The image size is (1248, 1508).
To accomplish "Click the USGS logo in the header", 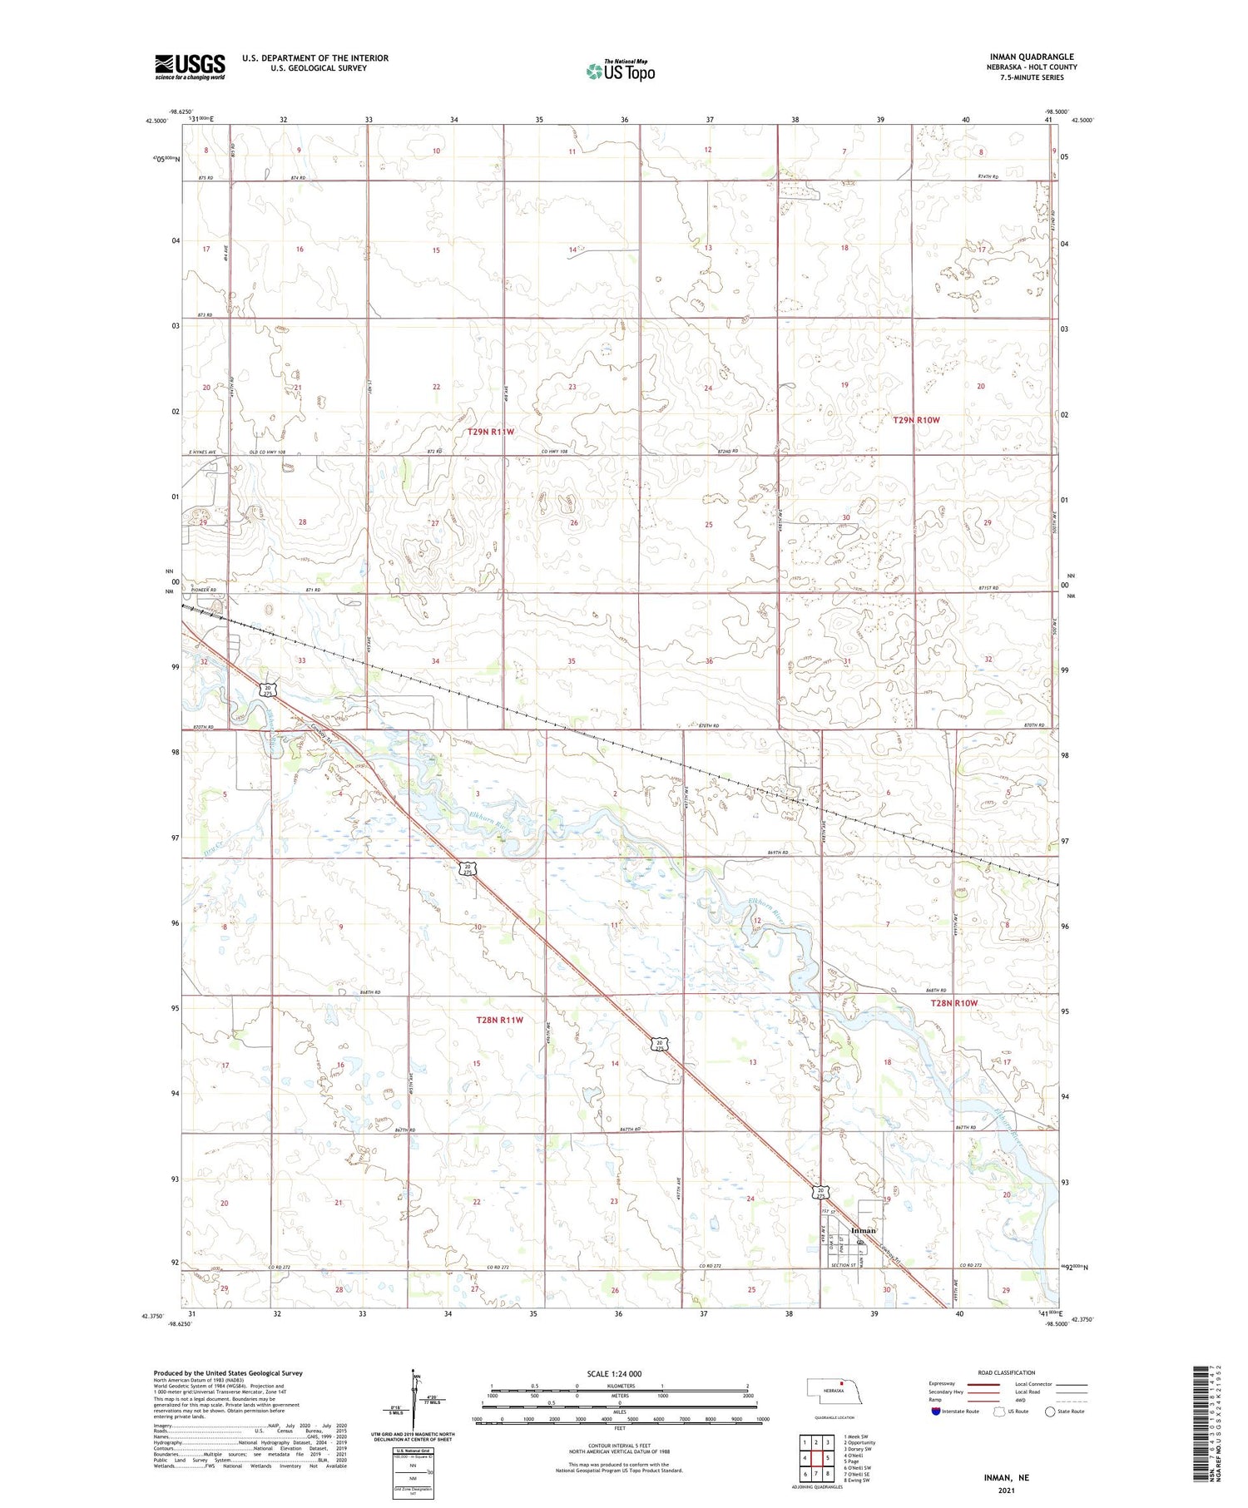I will [x=190, y=67].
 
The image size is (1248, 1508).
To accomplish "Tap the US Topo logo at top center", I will [x=620, y=72].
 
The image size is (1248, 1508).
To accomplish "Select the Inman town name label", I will [x=863, y=1230].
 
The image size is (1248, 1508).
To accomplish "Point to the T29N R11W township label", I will [x=491, y=432].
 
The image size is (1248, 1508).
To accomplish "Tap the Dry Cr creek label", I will [x=212, y=848].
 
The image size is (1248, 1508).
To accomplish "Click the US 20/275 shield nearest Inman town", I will [x=820, y=1193].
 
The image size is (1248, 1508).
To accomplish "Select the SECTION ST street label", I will [x=843, y=1265].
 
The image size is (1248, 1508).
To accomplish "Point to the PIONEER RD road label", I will [x=202, y=590].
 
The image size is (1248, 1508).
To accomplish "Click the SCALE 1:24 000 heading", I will [x=619, y=1374].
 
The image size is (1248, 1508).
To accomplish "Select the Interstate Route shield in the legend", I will [x=935, y=1412].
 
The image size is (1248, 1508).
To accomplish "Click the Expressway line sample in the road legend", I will [x=987, y=1384].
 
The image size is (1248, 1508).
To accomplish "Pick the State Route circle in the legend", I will [x=1050, y=1412].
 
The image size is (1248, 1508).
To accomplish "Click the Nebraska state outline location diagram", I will [x=834, y=1391].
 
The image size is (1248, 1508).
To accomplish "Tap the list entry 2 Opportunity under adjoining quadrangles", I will [x=859, y=1443].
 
